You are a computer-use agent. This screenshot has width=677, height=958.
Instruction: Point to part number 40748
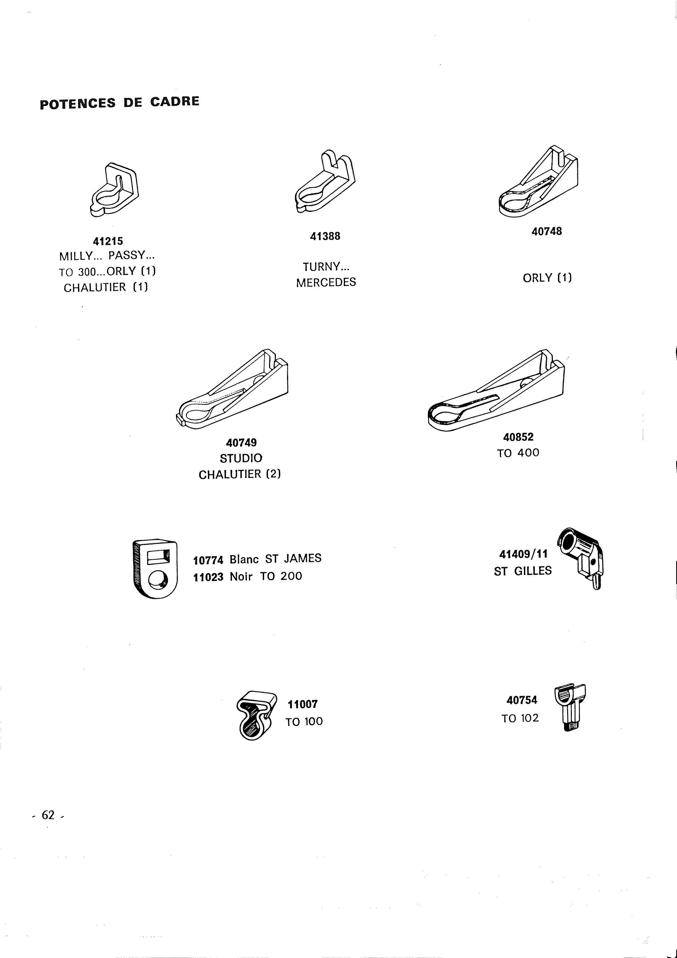coord(547,231)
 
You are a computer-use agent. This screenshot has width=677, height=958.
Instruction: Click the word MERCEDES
coord(326,282)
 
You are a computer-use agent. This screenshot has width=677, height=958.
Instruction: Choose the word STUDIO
coord(241,458)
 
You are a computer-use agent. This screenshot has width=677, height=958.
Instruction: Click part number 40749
coord(241,442)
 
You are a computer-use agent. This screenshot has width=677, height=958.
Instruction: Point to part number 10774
coord(208,559)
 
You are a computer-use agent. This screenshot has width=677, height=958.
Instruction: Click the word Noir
coord(241,577)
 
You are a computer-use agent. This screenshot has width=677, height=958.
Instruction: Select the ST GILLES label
coord(523,571)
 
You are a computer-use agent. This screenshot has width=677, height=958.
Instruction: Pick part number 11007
coord(303,704)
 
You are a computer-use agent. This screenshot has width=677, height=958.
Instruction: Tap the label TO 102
coord(520,718)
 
